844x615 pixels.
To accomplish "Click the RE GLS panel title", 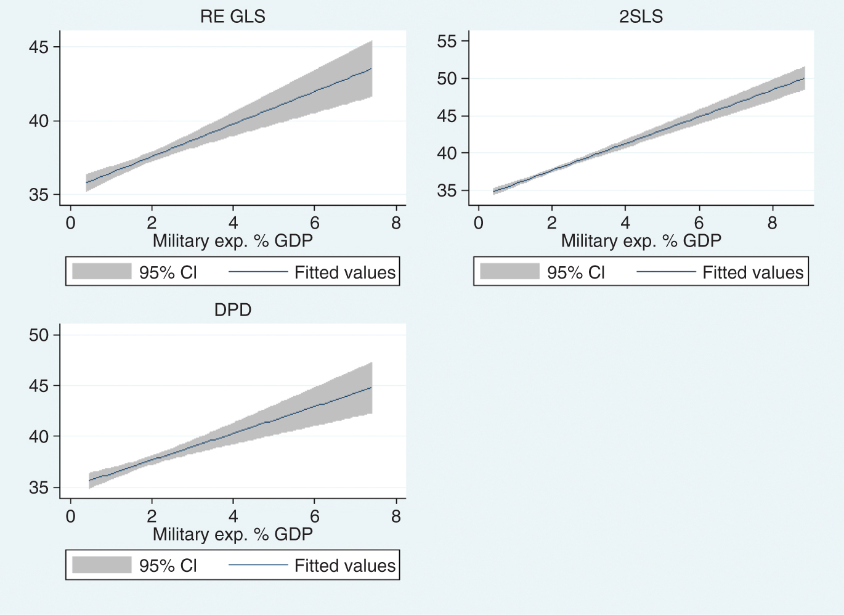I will (x=233, y=17).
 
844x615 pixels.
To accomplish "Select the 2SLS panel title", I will (x=641, y=17).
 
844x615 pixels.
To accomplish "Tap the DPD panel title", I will (x=233, y=310).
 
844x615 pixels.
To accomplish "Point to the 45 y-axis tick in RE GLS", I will (x=39, y=47).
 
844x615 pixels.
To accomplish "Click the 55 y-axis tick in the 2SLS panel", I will (x=447, y=41).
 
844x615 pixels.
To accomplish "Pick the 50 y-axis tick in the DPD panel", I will (x=39, y=335).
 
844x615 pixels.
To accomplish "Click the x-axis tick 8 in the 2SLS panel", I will (x=773, y=223).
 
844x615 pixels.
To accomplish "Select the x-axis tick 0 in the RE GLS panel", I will (x=70, y=223).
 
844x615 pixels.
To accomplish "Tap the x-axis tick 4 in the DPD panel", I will (x=233, y=516).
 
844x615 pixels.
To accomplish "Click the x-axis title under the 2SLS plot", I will (x=641, y=241).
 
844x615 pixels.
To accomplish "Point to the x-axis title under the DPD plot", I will (x=233, y=534).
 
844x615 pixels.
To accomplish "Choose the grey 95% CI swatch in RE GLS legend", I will (x=102, y=272).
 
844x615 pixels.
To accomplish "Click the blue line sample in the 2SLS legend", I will (x=666, y=272).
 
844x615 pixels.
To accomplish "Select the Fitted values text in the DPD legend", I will (x=344, y=566).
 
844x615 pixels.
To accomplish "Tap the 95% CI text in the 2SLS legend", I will (x=576, y=272).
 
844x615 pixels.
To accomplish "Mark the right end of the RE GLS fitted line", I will (x=371, y=69).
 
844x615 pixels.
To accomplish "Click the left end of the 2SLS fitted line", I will (x=493, y=192).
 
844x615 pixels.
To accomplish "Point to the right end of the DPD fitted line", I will (x=371, y=388).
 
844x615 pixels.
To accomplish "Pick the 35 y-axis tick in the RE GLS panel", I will (x=39, y=195).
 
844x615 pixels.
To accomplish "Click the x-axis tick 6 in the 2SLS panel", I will (x=699, y=223).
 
